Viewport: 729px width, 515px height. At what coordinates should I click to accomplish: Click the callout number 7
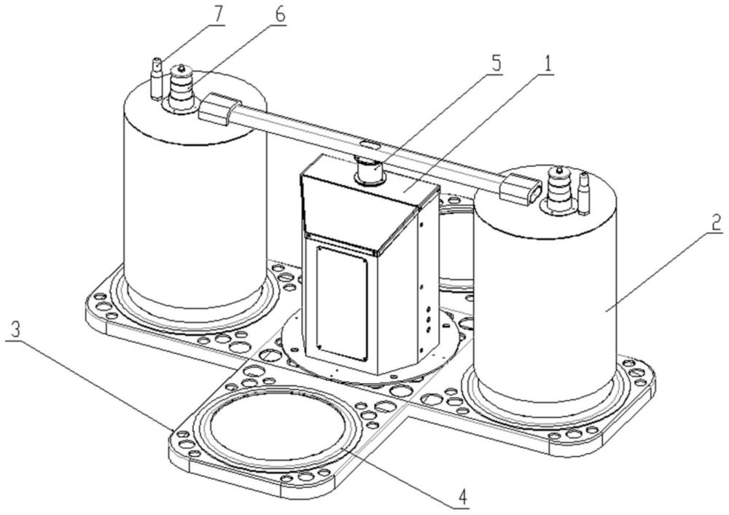(x=217, y=15)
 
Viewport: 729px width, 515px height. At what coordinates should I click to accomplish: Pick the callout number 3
(x=15, y=329)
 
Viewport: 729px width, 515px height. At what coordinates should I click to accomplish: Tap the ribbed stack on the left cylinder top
(x=182, y=87)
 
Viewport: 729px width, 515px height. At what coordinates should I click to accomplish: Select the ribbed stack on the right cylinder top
(x=556, y=190)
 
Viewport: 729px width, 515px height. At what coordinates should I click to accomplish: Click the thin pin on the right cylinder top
(x=585, y=193)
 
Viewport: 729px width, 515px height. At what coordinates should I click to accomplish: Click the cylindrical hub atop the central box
(x=370, y=171)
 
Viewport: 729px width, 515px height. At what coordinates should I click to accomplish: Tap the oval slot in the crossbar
(x=371, y=144)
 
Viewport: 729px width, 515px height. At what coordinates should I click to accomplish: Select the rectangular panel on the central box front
(x=341, y=302)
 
